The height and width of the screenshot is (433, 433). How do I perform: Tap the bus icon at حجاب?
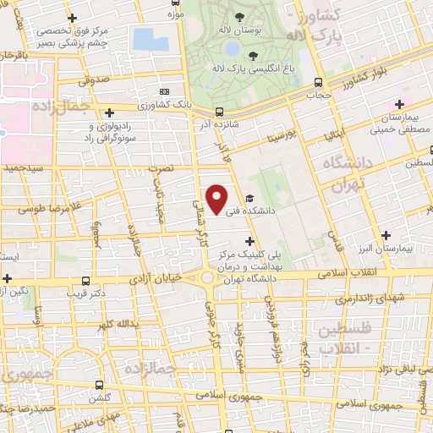click(x=318, y=83)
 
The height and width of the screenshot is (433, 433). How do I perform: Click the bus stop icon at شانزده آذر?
click(x=219, y=111)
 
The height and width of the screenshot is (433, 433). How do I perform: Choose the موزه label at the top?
click(x=175, y=14)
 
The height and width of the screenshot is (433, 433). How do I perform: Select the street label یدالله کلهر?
click(x=116, y=325)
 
